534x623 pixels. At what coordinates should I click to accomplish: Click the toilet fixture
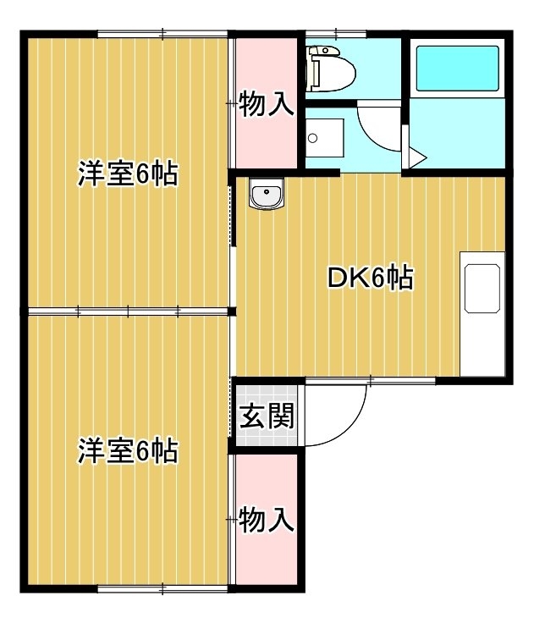coord(331,68)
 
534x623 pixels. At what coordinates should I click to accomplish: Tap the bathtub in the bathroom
coord(457,69)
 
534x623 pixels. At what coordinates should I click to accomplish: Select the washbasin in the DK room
coord(267,193)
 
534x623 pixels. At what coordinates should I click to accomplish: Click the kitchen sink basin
coord(482,289)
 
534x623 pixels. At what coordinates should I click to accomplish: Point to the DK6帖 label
coord(371,278)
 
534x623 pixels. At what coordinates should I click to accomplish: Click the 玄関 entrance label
coord(267,416)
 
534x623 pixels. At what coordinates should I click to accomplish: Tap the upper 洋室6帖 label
coord(128,174)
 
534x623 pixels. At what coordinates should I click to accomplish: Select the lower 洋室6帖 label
coord(128,451)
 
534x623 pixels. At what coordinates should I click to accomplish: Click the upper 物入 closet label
coord(267,104)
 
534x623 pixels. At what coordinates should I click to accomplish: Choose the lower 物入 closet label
coord(267,520)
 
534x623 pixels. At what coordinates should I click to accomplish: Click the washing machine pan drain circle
coord(312,138)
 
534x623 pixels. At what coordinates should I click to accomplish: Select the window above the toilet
coord(336,34)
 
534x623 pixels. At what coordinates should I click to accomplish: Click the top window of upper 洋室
coord(162,34)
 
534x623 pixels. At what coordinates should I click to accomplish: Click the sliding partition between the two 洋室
coord(128,311)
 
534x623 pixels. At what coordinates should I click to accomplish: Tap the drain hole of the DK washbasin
coord(267,192)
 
